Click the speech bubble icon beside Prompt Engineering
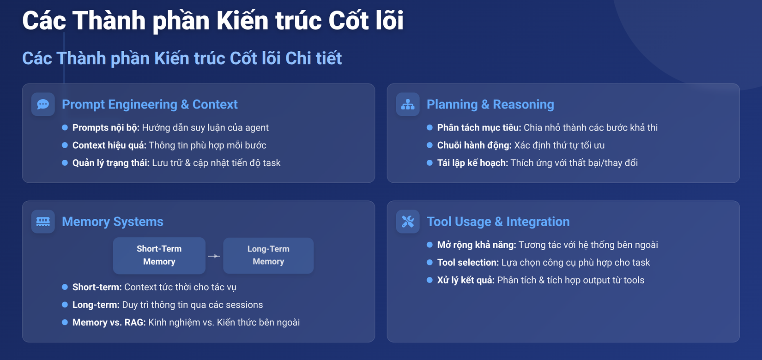pyautogui.click(x=43, y=104)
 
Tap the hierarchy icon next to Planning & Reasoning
pyautogui.click(x=407, y=104)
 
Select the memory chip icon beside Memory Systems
pyautogui.click(x=43, y=222)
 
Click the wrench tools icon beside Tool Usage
pyautogui.click(x=407, y=222)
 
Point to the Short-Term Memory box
pyautogui.click(x=159, y=256)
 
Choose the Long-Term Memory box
pyautogui.click(x=268, y=256)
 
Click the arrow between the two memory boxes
pyautogui.click(x=214, y=256)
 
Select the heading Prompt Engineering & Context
pyautogui.click(x=150, y=104)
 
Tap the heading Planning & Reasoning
pyautogui.click(x=490, y=104)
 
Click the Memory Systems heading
pyautogui.click(x=113, y=222)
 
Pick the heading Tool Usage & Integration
pyautogui.click(x=498, y=222)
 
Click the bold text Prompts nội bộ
pyautogui.click(x=106, y=128)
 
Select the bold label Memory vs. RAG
pyautogui.click(x=109, y=322)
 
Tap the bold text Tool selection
pyautogui.click(x=468, y=263)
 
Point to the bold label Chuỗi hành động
pyautogui.click(x=474, y=145)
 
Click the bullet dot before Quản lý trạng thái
pyautogui.click(x=65, y=163)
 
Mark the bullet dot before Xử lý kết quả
pyautogui.click(x=429, y=280)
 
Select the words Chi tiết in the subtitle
pyautogui.click(x=313, y=58)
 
